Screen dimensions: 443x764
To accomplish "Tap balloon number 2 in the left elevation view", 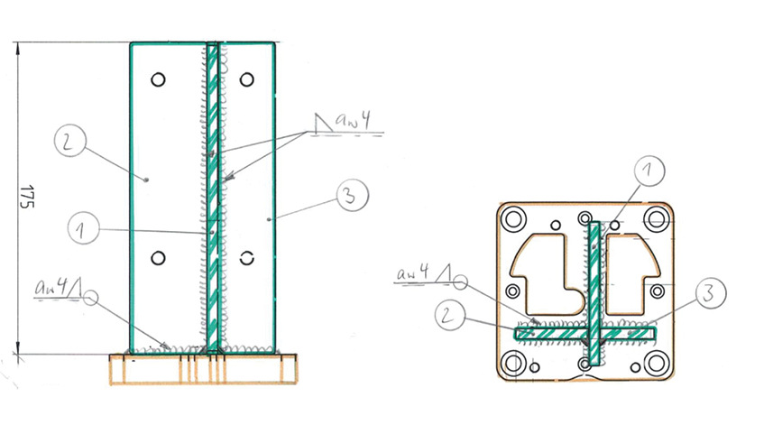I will pos(69,142).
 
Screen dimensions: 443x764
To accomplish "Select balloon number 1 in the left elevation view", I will pos(84,230).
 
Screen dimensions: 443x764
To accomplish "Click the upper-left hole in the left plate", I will pos(159,79).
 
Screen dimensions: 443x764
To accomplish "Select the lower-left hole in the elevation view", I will pos(159,259).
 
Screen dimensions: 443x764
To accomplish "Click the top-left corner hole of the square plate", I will pos(515,218).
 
